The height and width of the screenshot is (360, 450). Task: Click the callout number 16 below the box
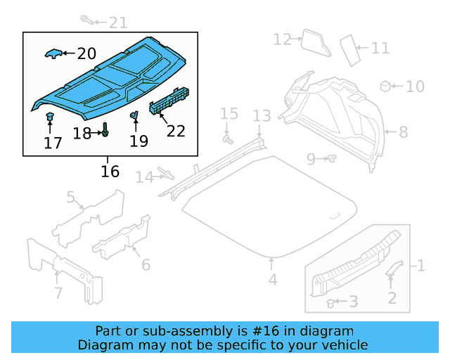tap(110, 172)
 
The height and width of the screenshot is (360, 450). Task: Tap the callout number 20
tap(86, 53)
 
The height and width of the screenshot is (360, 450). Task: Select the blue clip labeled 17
tap(50, 117)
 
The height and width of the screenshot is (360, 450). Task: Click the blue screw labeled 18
tap(105, 131)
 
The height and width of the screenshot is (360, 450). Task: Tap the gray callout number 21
tap(117, 23)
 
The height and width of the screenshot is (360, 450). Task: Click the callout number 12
tap(282, 39)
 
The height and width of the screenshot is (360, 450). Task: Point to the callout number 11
tap(380, 49)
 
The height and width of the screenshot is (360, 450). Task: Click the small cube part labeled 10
tap(385, 86)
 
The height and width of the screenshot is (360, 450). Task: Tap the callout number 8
tap(403, 131)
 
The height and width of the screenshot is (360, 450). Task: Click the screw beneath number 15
tap(228, 139)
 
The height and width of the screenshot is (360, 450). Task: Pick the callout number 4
tap(272, 280)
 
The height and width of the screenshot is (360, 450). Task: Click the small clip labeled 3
tap(330, 302)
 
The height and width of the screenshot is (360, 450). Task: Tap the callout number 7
tap(58, 292)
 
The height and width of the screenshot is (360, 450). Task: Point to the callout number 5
tap(72, 198)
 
